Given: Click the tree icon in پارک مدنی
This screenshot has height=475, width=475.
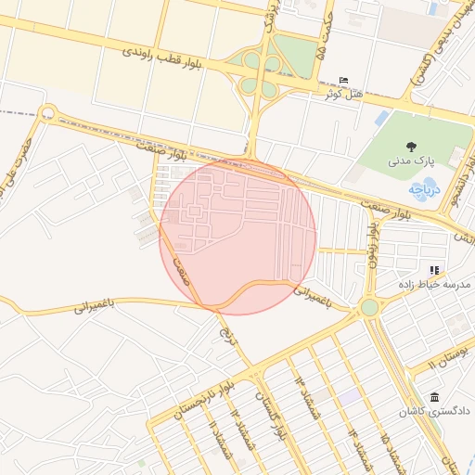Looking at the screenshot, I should [411, 147].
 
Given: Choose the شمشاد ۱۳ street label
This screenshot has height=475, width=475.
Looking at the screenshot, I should [308, 398].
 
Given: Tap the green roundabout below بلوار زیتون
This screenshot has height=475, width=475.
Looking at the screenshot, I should [369, 307].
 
